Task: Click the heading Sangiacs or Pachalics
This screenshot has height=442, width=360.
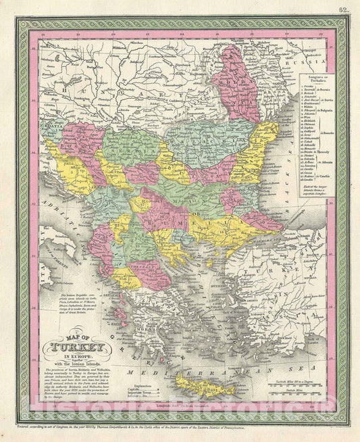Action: tap(315, 78)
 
